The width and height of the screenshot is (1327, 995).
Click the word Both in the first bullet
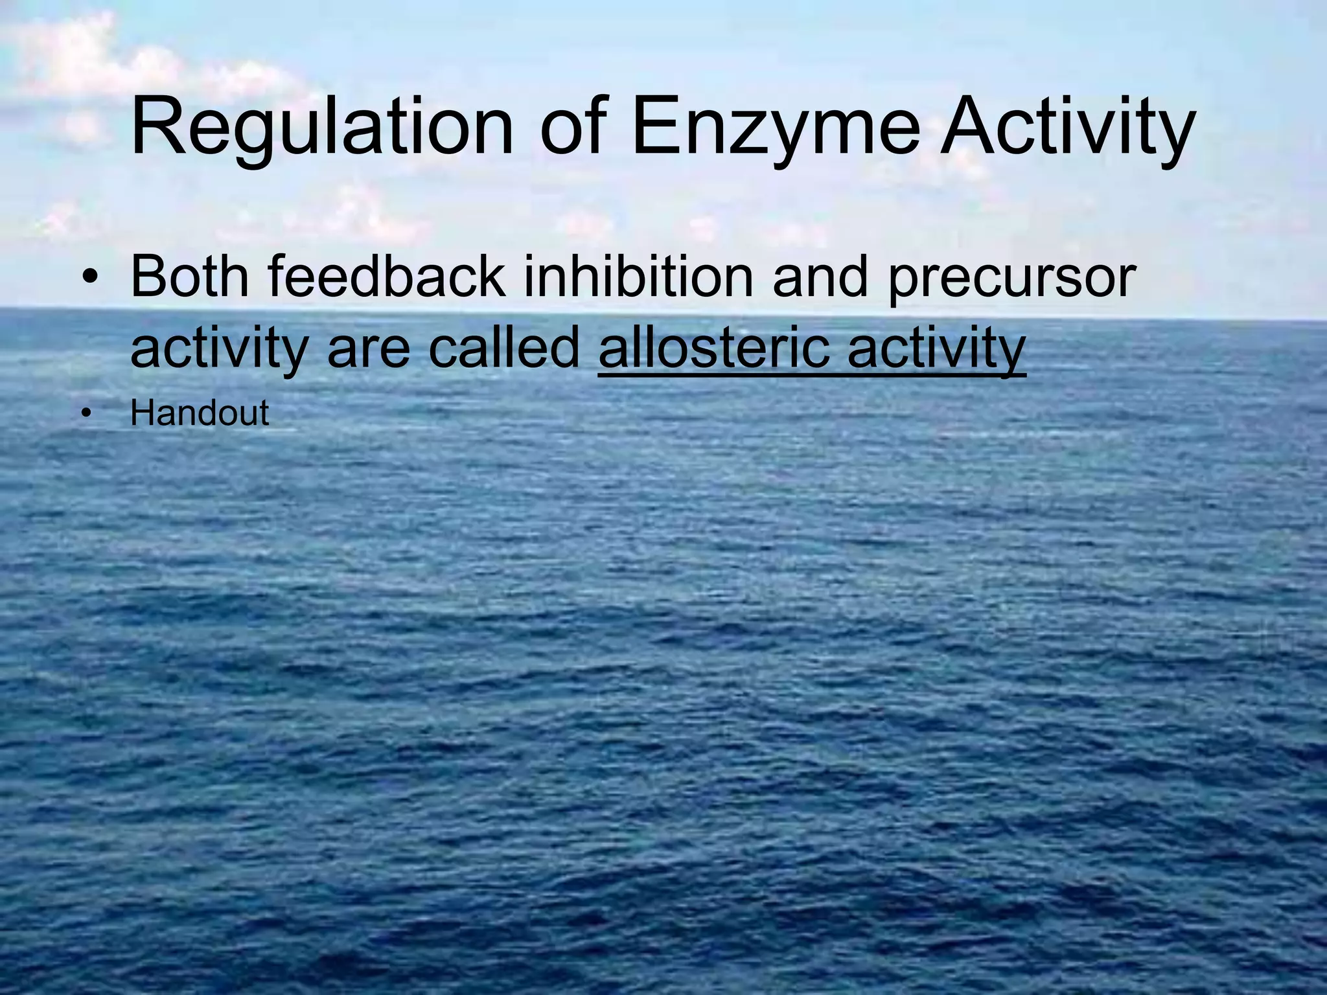tap(190, 276)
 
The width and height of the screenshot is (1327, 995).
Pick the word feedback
tap(386, 276)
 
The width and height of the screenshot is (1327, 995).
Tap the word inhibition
tap(638, 276)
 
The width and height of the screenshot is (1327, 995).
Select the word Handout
tap(200, 413)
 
